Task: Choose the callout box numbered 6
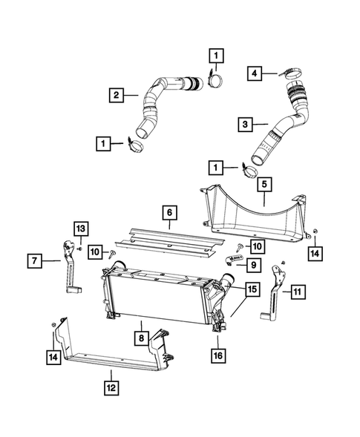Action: [x=170, y=214]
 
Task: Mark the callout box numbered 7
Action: [x=35, y=260]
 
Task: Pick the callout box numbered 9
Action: [x=253, y=263]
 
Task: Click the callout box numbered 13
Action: [x=80, y=228]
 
